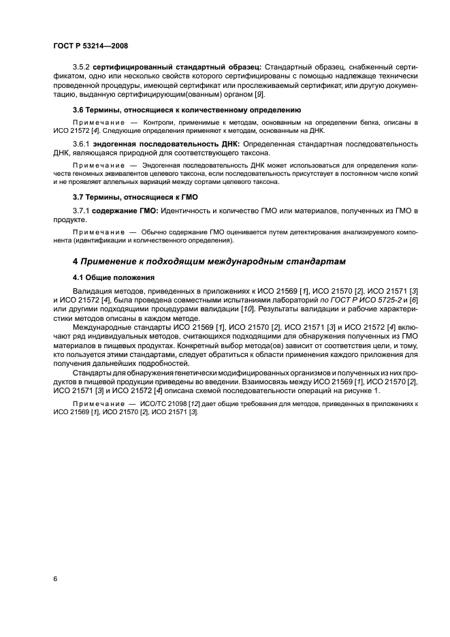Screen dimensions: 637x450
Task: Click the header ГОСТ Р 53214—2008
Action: (90, 46)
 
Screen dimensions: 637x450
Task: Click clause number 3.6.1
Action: (81, 145)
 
